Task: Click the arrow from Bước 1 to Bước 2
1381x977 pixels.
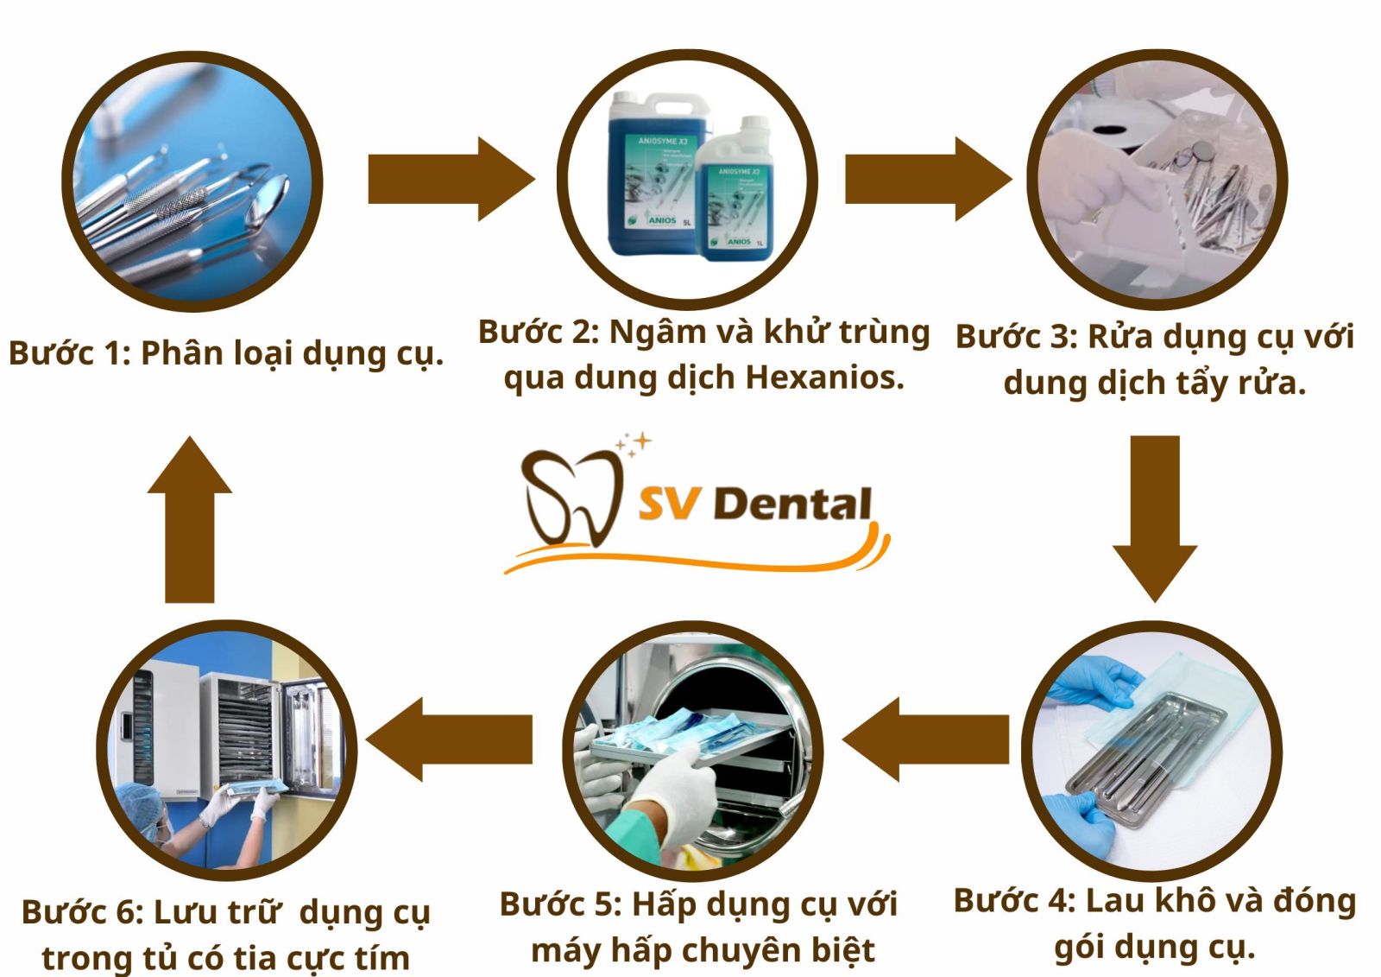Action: tap(449, 179)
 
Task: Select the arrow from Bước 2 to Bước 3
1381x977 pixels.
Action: tap(926, 179)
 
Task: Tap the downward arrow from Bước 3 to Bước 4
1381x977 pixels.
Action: tap(1155, 518)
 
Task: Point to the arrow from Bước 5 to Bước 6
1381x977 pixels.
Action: tap(449, 739)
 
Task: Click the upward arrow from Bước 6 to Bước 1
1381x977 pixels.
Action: tap(190, 518)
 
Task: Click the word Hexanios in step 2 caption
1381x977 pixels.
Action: tap(824, 377)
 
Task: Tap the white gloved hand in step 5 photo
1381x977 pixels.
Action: tap(678, 790)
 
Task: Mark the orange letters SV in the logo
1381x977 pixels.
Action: tap(670, 504)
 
